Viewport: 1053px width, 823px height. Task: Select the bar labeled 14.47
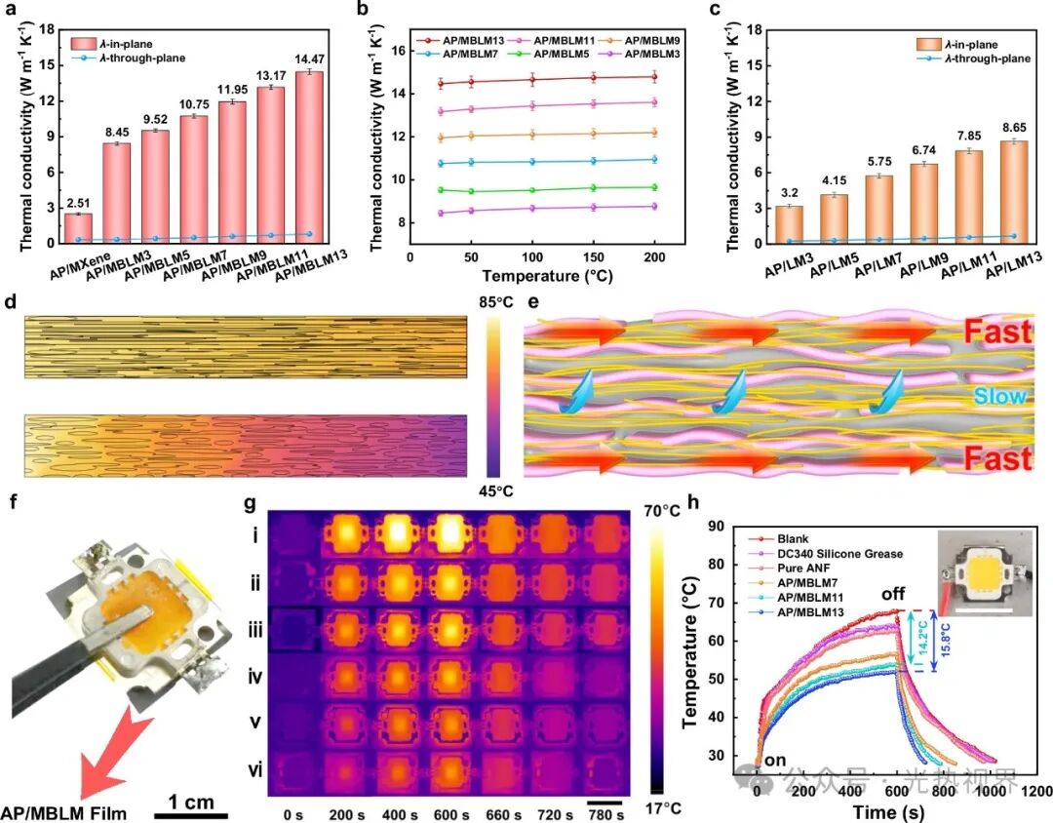click(x=309, y=156)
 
